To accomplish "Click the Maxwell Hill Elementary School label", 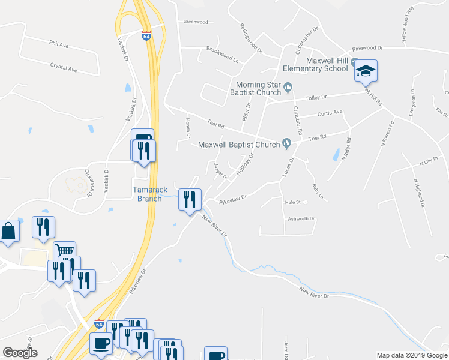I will (327, 64).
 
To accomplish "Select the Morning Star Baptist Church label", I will (258, 88).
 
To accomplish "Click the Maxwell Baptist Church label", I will (239, 144).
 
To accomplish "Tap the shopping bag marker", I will (9, 231).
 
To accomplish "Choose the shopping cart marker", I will (64, 251).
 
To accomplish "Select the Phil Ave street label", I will (59, 44).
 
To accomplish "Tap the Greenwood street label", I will (195, 22).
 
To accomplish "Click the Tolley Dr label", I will (316, 96).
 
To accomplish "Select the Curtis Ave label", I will (330, 112).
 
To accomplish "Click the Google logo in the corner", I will (20, 352).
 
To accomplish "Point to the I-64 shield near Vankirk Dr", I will (146, 36).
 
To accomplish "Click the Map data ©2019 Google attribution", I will (412, 355).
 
